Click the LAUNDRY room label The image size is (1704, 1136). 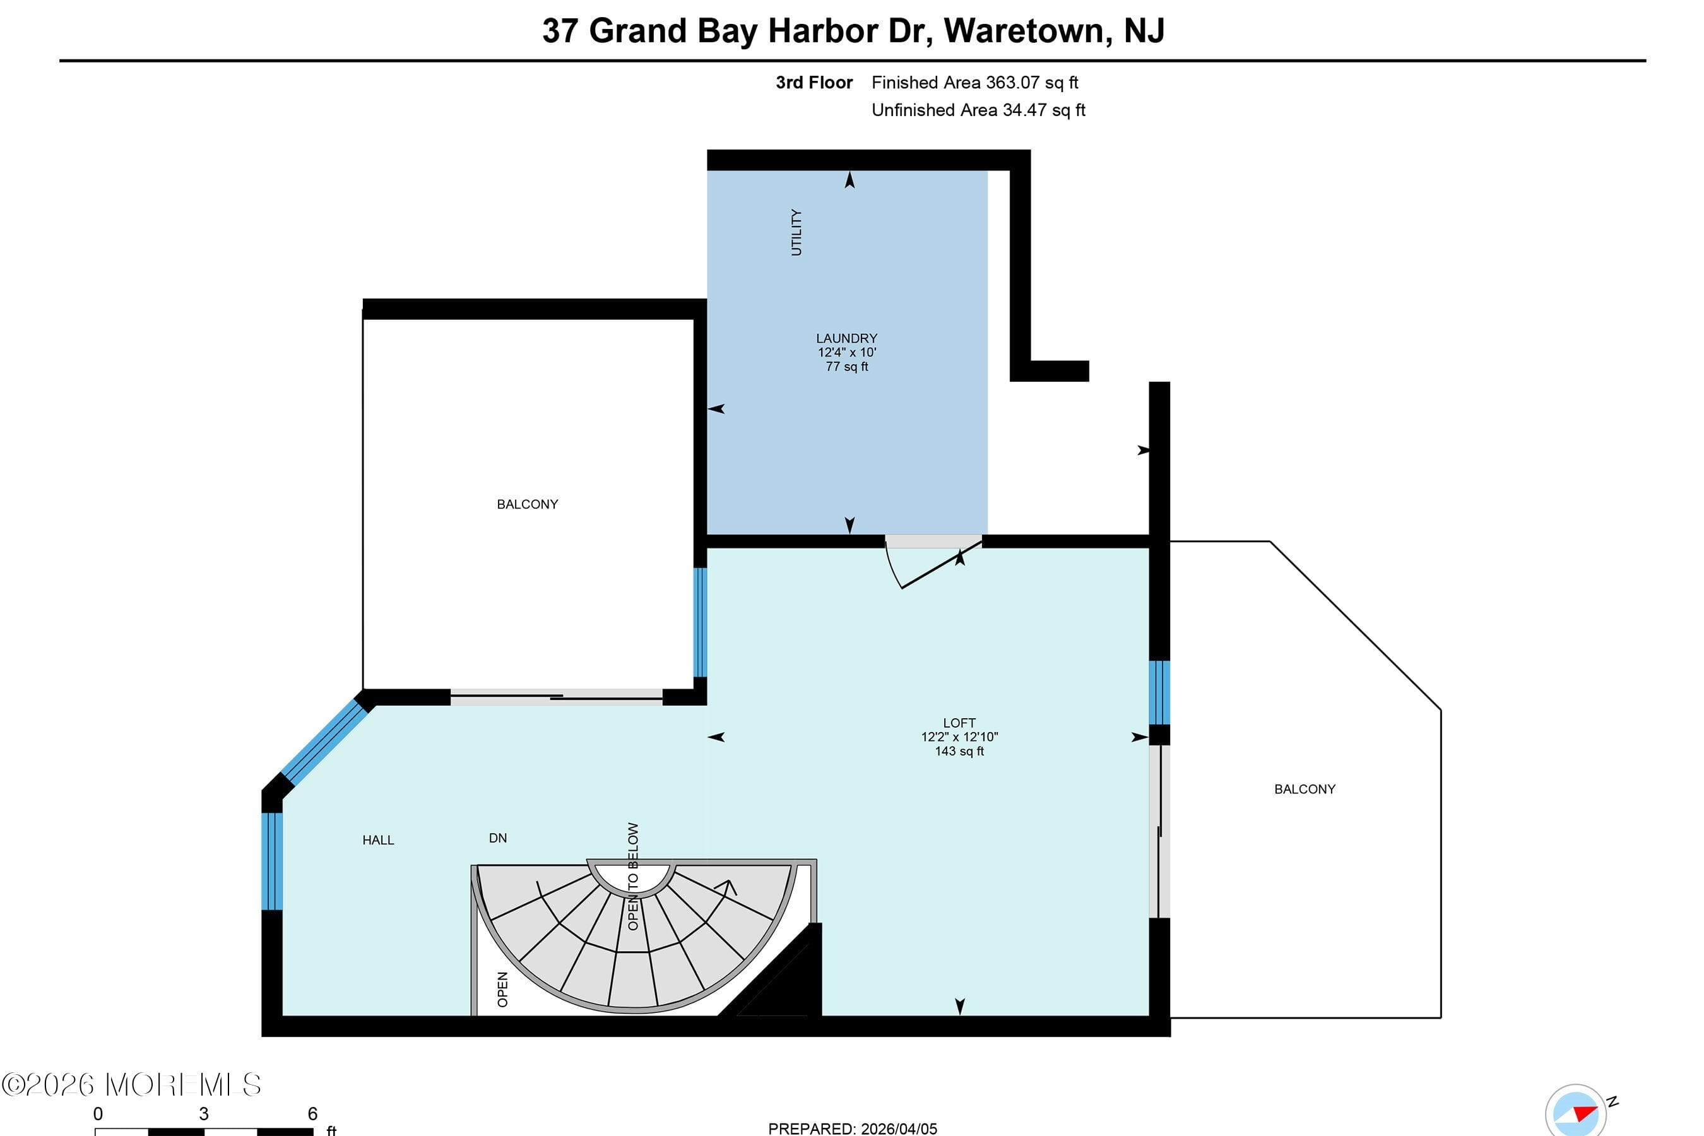pos(846,338)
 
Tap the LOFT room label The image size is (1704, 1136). pos(959,723)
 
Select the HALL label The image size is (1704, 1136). pos(378,839)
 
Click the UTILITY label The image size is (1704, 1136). pos(796,232)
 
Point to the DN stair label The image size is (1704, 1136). pos(498,837)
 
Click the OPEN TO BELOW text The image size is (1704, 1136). pos(633,876)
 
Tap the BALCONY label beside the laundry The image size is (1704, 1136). pos(528,504)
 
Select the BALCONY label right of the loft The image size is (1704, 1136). pos(1305,789)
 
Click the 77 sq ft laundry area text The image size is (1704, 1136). pos(847,367)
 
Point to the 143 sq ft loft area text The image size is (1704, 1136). pos(959,750)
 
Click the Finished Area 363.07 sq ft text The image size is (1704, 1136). pos(974,83)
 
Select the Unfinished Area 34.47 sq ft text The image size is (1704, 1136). pos(978,110)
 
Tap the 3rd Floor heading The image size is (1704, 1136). pos(814,83)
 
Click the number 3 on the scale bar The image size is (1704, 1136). pos(204,1113)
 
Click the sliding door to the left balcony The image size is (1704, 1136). pos(557,697)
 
